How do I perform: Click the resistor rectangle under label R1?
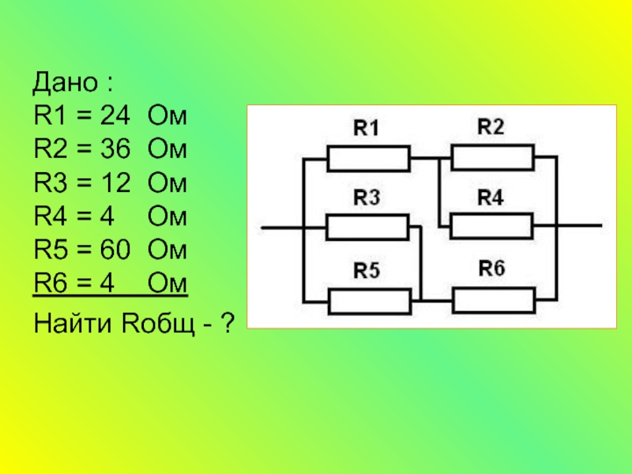point(369,158)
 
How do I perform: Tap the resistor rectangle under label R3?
point(368,228)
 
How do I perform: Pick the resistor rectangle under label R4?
point(492,227)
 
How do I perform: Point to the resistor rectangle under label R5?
point(369,301)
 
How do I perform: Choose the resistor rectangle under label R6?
point(492,300)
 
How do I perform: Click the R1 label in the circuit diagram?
point(366,129)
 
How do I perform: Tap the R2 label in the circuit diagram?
point(491,126)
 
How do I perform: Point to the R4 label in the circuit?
point(491,197)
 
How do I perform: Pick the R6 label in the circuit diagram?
point(491,269)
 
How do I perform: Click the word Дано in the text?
point(62,83)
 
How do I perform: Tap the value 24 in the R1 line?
point(111,118)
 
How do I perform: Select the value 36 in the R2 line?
point(111,151)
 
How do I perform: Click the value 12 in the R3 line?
point(111,184)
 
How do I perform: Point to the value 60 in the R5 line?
point(111,250)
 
